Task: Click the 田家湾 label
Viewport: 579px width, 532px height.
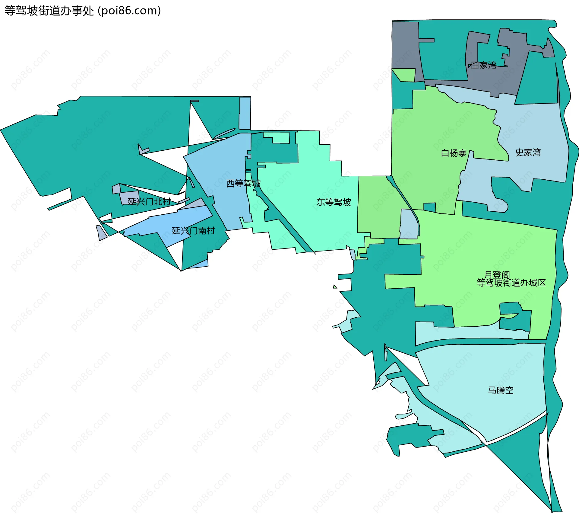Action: [x=483, y=65]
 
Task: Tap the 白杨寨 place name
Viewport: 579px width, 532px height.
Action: [x=454, y=153]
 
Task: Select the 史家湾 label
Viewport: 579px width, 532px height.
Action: [x=528, y=152]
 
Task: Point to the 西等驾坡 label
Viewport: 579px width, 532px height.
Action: [x=243, y=183]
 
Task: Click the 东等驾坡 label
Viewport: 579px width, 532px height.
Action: [x=334, y=202]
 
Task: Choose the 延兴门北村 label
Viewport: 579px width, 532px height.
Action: [x=149, y=201]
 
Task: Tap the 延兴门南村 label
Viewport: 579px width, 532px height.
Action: [x=193, y=231]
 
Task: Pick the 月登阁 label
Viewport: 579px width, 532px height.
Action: [x=497, y=274]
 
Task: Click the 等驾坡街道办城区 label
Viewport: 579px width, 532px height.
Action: [x=511, y=283]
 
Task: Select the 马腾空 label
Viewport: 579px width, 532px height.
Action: [x=501, y=390]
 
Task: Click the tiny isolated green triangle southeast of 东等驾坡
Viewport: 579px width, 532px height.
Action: [x=335, y=287]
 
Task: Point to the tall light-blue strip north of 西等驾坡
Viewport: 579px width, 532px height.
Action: [x=245, y=113]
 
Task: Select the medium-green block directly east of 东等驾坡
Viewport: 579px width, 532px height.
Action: [x=377, y=208]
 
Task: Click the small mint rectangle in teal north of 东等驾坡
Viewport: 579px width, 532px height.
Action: [x=280, y=138]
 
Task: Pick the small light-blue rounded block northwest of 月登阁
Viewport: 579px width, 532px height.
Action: [x=409, y=223]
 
